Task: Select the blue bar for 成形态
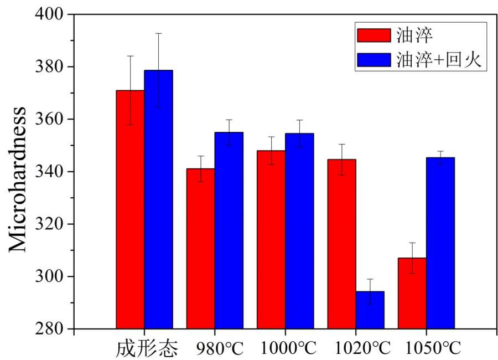click(x=158, y=199)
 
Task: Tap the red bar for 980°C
click(x=200, y=249)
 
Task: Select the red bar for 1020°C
click(x=341, y=244)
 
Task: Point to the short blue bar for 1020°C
click(x=370, y=310)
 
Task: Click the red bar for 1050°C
click(x=412, y=293)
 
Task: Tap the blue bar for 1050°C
click(x=440, y=243)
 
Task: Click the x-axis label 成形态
click(x=148, y=348)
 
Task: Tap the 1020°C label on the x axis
click(x=362, y=348)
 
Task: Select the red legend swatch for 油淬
click(x=373, y=36)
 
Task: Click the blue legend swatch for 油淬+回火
click(x=373, y=60)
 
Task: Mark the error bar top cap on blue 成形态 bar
click(x=158, y=33)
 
